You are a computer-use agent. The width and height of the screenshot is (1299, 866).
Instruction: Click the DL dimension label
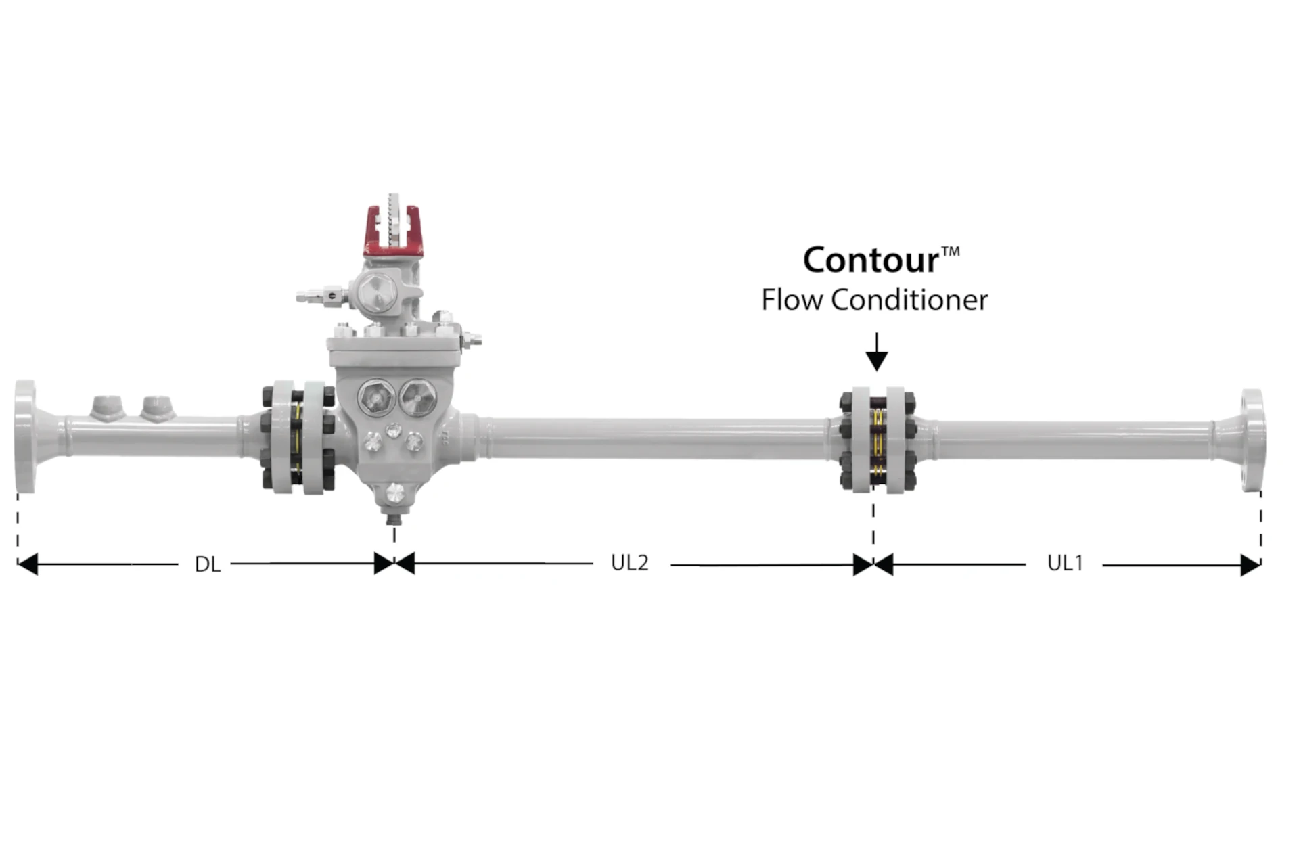[208, 564]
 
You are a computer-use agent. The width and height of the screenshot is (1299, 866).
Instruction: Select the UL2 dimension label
[629, 563]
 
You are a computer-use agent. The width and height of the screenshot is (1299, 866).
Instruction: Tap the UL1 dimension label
[1065, 563]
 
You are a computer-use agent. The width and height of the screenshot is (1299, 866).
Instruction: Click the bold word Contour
[871, 260]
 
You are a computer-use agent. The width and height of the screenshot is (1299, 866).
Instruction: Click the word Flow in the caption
[792, 300]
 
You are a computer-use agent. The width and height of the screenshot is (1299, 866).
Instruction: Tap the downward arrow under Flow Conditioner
[877, 352]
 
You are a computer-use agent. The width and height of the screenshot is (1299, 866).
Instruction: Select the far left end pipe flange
[25, 436]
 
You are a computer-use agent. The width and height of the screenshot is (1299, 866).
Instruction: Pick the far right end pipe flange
[1252, 440]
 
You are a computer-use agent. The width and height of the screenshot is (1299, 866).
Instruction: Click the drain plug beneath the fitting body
[393, 503]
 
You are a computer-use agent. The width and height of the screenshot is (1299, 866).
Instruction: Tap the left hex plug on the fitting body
[375, 398]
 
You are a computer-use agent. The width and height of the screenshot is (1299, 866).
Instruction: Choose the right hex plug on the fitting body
[417, 397]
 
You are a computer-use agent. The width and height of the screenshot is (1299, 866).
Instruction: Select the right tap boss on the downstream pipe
[158, 408]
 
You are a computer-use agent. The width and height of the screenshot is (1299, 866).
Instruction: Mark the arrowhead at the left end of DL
[27, 564]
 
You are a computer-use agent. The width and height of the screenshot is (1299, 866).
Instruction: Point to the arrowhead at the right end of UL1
[1250, 565]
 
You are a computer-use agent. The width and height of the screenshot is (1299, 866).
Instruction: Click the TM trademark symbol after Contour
[951, 252]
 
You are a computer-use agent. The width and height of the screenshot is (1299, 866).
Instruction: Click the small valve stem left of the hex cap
[322, 296]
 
